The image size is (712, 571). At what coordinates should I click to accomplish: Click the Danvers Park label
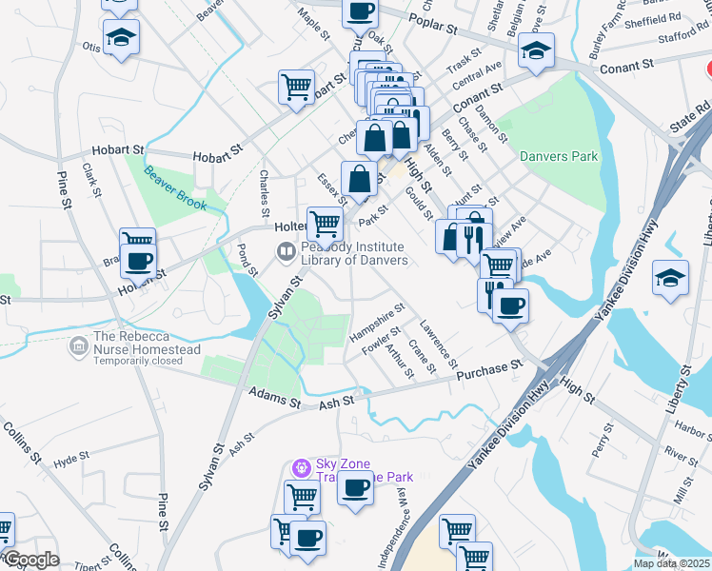[559, 155]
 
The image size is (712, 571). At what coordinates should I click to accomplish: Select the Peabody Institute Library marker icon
[286, 251]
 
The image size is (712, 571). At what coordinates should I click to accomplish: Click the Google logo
[31, 559]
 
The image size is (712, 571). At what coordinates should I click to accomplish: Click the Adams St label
[274, 392]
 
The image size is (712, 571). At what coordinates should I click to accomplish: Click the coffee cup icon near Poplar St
[360, 10]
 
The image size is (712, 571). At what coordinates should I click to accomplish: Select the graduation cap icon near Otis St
[121, 37]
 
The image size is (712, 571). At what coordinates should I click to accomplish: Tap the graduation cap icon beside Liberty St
[670, 278]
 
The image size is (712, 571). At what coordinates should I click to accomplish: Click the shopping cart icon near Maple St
[297, 87]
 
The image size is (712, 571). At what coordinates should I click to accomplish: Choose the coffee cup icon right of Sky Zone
[356, 488]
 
